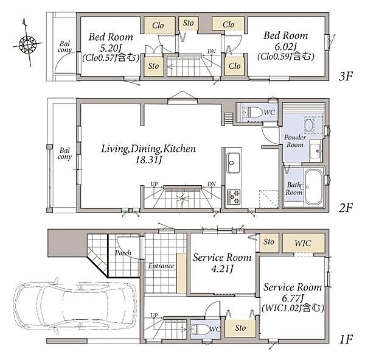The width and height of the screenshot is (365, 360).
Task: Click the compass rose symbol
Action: pyautogui.click(x=27, y=44)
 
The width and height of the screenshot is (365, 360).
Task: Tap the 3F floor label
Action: pyautogui.click(x=346, y=76)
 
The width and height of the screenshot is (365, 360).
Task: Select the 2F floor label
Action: pyautogui.click(x=346, y=208)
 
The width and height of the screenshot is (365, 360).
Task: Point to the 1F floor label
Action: pyautogui.click(x=346, y=339)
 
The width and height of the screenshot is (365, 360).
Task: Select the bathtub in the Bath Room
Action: pyautogui.click(x=313, y=187)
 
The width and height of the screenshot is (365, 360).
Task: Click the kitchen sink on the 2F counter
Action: pyautogui.click(x=233, y=163)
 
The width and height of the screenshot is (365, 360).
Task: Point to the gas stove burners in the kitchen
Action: pyautogui.click(x=234, y=197)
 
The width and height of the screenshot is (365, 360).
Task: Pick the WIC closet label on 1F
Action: pyautogui.click(x=302, y=243)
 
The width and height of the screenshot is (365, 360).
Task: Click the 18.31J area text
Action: pyautogui.click(x=149, y=160)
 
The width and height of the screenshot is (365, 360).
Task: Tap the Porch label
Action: pyautogui.click(x=123, y=253)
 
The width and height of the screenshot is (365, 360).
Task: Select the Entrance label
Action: pyautogui.click(x=161, y=266)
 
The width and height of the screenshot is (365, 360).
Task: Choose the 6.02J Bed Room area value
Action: pyautogui.click(x=286, y=47)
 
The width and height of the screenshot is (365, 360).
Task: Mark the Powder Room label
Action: pyautogui.click(x=295, y=141)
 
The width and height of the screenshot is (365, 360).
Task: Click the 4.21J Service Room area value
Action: pyautogui.click(x=222, y=269)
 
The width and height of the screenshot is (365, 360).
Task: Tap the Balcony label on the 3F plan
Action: pyautogui.click(x=64, y=46)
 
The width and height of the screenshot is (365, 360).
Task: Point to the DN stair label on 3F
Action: pyautogui.click(x=211, y=52)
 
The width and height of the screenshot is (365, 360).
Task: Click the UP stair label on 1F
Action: pyautogui.click(x=154, y=316)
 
